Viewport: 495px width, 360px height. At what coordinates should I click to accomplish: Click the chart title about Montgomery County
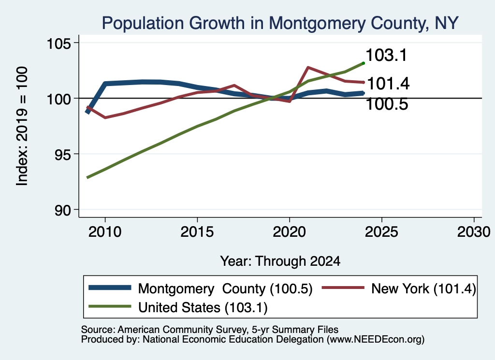click(280, 23)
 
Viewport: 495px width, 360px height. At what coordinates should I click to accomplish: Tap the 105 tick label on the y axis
click(58, 43)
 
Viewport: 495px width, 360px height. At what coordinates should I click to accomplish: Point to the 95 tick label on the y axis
click(62, 154)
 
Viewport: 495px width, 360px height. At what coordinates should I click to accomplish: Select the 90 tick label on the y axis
click(62, 210)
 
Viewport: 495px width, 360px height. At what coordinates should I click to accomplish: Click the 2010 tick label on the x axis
click(105, 232)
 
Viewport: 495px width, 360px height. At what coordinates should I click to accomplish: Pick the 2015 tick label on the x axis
click(197, 232)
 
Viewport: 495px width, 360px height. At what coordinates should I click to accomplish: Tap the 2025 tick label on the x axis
click(381, 232)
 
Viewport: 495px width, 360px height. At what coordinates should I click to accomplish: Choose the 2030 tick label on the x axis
click(474, 232)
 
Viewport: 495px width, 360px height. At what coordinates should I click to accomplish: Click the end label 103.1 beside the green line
click(386, 55)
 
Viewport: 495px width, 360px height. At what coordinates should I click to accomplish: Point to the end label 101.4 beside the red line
click(388, 84)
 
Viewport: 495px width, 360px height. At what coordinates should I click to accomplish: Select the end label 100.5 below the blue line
click(387, 104)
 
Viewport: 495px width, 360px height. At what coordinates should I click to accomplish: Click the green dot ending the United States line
click(364, 63)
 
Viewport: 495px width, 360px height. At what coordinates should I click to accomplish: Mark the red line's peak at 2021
click(308, 67)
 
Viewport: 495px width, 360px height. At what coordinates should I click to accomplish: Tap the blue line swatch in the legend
click(110, 288)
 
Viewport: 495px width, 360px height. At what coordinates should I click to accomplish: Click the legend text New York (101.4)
click(423, 288)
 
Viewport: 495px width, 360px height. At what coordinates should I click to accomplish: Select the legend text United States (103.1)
click(203, 308)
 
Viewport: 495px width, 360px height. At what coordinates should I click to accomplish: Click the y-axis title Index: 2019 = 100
click(22, 126)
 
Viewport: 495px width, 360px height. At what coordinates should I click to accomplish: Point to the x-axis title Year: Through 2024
click(280, 261)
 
